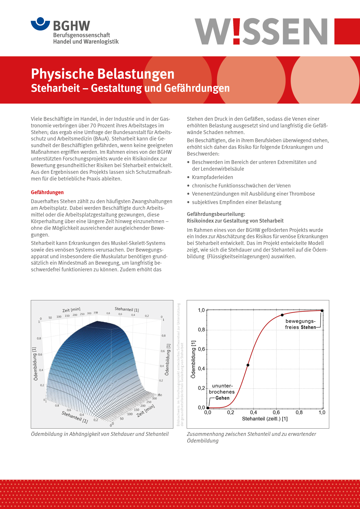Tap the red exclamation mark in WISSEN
coord(236,31)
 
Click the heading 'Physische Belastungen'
coord(102,74)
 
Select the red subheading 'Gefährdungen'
coord(47,192)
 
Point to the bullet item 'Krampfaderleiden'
coord(212,177)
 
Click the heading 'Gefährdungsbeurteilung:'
coord(216,214)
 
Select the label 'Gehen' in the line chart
coord(222,398)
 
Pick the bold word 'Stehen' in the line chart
coord(308,327)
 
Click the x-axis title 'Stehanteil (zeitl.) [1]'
coord(265,419)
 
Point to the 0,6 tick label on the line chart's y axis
coord(201,349)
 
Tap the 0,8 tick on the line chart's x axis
coord(299,412)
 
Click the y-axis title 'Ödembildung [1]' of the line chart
coord(193,359)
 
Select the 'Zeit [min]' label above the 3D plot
coord(71,310)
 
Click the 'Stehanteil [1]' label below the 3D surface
coord(75,417)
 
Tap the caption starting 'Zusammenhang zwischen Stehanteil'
coord(251,437)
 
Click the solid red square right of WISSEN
coord(347,31)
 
